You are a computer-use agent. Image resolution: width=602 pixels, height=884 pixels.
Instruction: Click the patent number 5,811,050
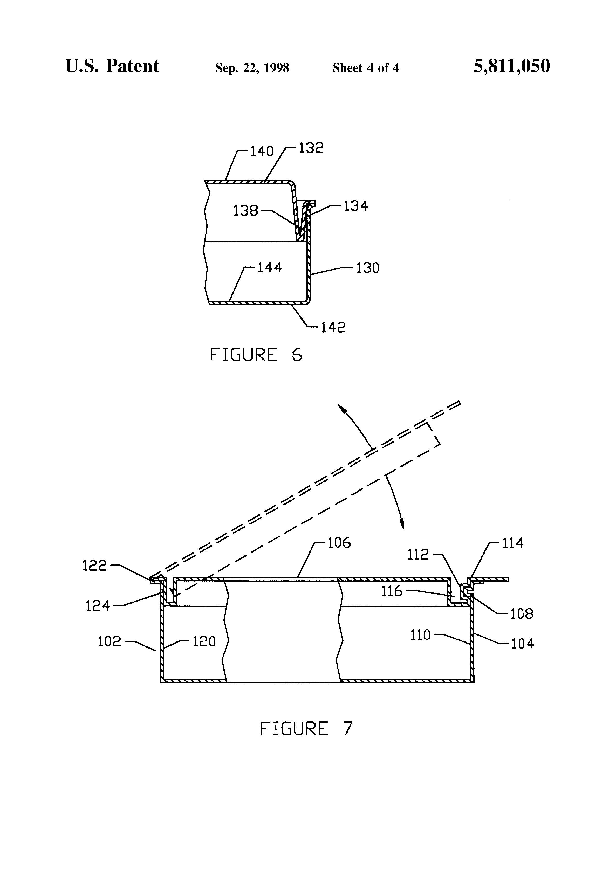coord(511,67)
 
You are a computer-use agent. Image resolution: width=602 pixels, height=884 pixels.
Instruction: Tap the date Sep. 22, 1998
coord(252,68)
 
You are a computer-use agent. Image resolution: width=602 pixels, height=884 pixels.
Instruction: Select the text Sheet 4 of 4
coord(366,68)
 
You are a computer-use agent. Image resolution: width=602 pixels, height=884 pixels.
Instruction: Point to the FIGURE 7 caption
coord(306,728)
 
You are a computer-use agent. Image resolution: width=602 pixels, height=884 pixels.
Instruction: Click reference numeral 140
coord(262,151)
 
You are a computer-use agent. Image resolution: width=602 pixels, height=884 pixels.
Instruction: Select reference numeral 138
coord(246,210)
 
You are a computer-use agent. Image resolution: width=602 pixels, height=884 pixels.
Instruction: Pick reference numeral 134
coord(356,206)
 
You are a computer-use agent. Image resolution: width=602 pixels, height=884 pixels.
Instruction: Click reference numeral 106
coord(339,543)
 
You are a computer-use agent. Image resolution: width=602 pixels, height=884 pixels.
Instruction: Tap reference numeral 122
coord(95,566)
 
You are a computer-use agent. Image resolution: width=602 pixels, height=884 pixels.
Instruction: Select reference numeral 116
coord(392,591)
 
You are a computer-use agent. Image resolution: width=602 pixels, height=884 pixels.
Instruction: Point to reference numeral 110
coord(420,635)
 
